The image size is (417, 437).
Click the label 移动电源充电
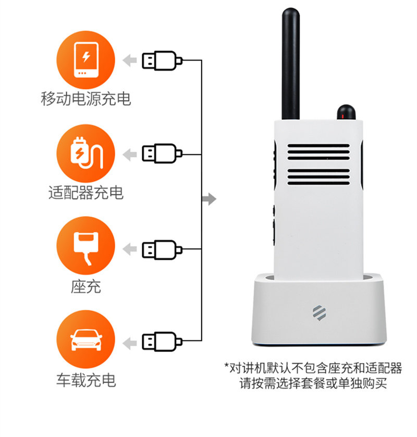click(85, 98)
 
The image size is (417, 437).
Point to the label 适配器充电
click(85, 193)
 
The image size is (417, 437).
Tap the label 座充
click(85, 286)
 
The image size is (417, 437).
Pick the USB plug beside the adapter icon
click(162, 154)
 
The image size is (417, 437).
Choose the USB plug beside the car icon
click(162, 342)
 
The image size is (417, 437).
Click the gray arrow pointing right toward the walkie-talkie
click(209, 198)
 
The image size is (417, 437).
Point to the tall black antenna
click(291, 63)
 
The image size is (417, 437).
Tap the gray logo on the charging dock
click(318, 311)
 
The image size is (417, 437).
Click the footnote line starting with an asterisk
click(313, 368)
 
